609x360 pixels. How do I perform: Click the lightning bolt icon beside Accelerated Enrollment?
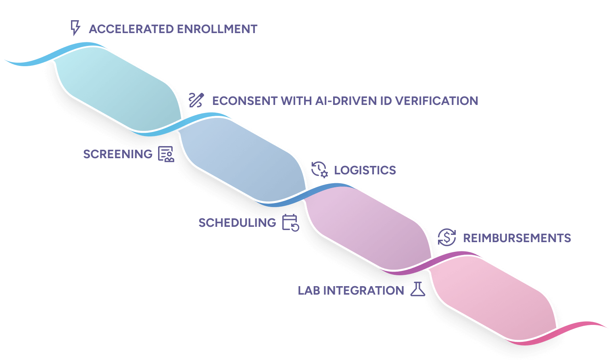coord(75,28)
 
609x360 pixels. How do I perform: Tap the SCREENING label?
coord(118,154)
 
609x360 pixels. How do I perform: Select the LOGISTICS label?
coord(365,170)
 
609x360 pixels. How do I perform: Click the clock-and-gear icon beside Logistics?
coord(319,170)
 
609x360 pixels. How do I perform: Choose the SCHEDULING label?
coord(237,223)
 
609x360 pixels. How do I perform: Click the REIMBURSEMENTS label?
coord(517,238)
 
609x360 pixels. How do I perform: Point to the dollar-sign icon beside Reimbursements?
coord(447,237)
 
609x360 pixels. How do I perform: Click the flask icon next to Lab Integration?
coord(418,289)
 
